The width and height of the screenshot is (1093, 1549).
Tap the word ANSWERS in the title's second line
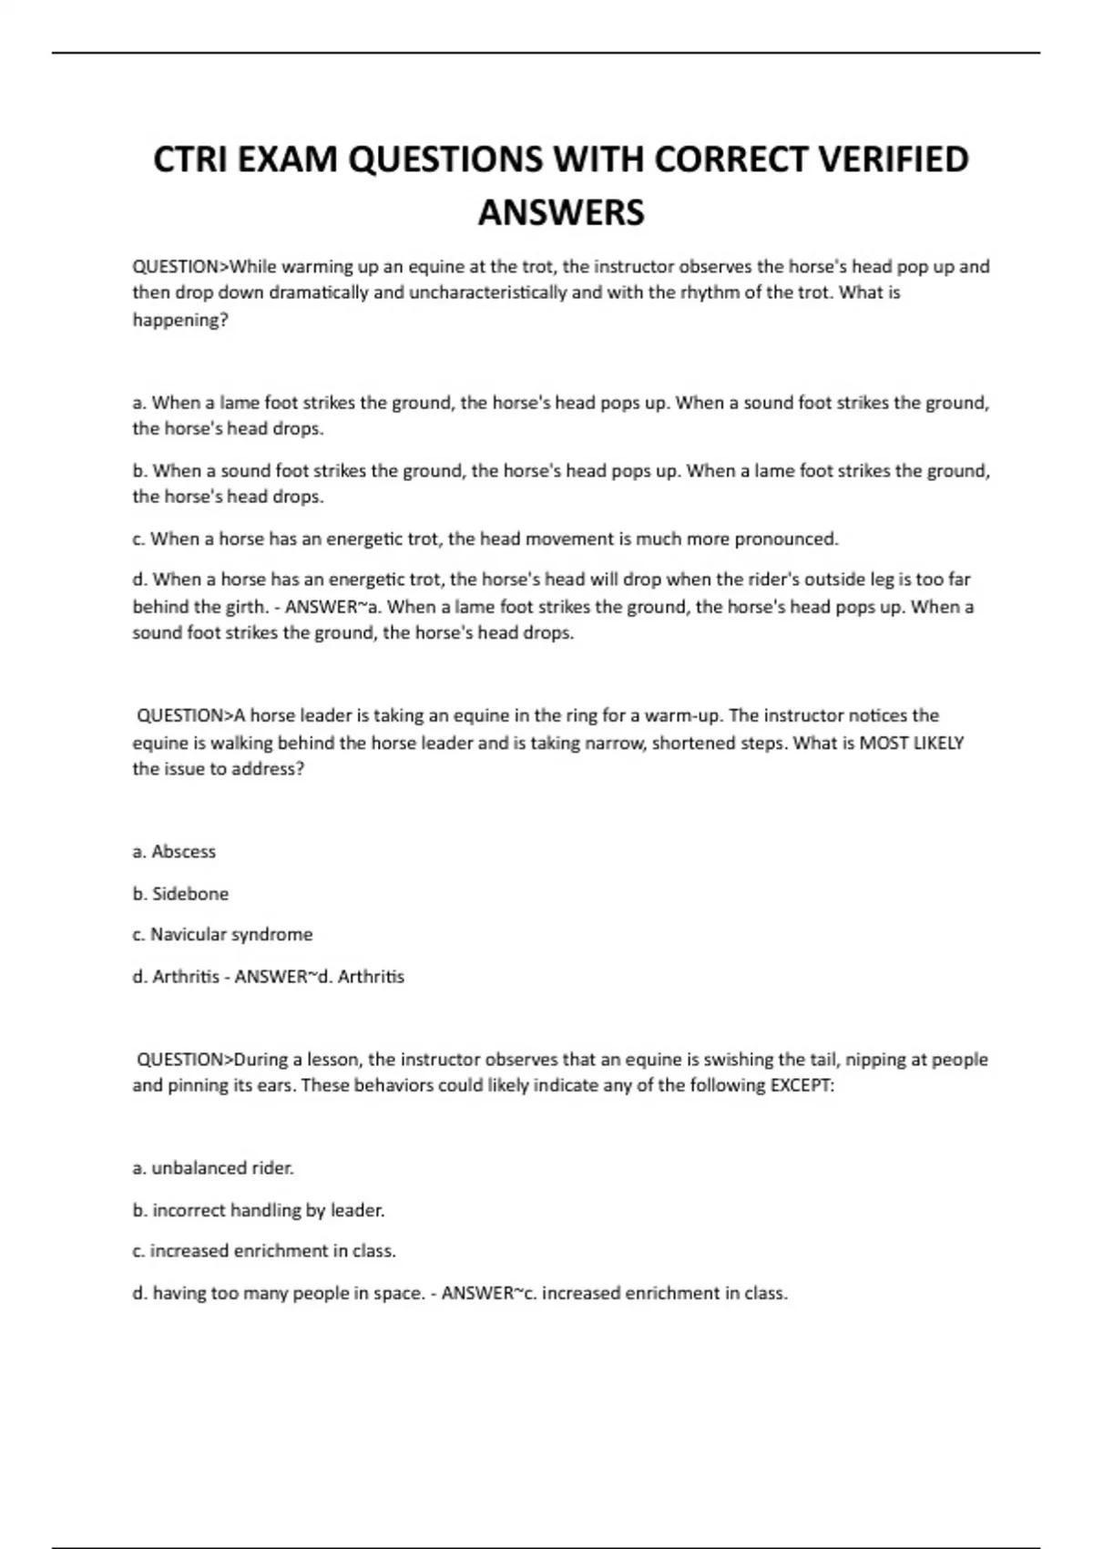pos(561,212)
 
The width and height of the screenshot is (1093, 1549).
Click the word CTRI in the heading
pos(190,159)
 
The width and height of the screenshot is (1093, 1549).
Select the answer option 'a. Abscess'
pos(174,851)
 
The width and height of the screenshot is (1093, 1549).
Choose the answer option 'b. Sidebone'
pos(180,893)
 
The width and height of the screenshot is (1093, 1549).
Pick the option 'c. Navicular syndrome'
pos(222,934)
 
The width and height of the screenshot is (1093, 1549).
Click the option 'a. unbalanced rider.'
pos(213,1167)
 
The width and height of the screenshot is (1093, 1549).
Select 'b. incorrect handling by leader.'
pos(259,1210)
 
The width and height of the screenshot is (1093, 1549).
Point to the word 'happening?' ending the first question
pos(180,320)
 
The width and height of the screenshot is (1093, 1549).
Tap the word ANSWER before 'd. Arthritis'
pos(270,976)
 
